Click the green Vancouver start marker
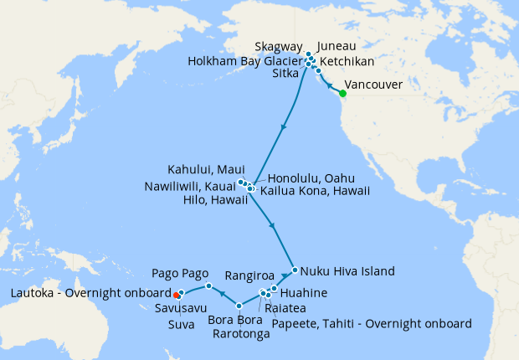coord(342,93)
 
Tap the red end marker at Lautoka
coord(176,295)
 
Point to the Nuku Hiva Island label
coord(347,271)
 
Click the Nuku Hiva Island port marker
coord(295,270)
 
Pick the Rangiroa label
coord(251,275)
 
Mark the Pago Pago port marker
coord(208,286)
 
